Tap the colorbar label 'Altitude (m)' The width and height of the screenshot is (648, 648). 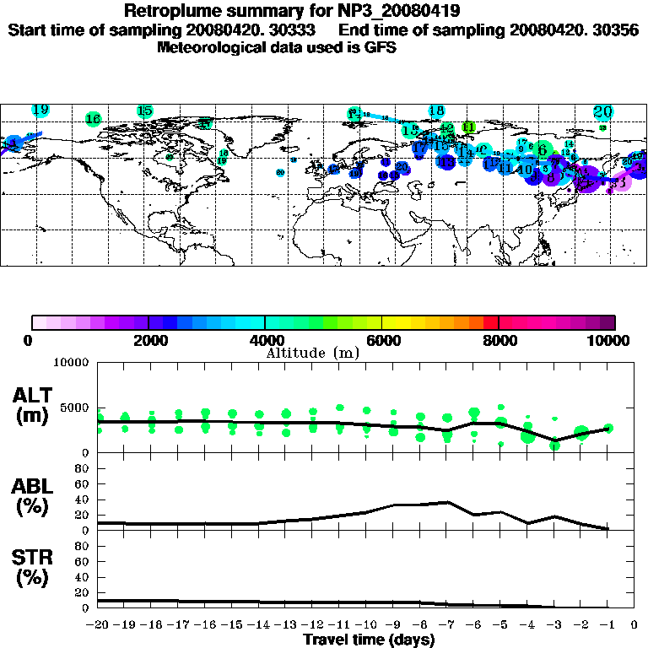(311, 353)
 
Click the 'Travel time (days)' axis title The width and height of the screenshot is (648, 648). (369, 640)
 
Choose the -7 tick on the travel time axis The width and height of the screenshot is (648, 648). (445, 625)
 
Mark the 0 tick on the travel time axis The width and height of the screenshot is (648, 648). (635, 625)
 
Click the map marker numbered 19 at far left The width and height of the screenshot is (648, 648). (40, 110)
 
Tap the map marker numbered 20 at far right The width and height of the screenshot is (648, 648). (602, 111)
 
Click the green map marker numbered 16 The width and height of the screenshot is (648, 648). (94, 119)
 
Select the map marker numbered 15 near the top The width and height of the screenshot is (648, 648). (144, 111)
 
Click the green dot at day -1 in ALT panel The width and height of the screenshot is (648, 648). (608, 429)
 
